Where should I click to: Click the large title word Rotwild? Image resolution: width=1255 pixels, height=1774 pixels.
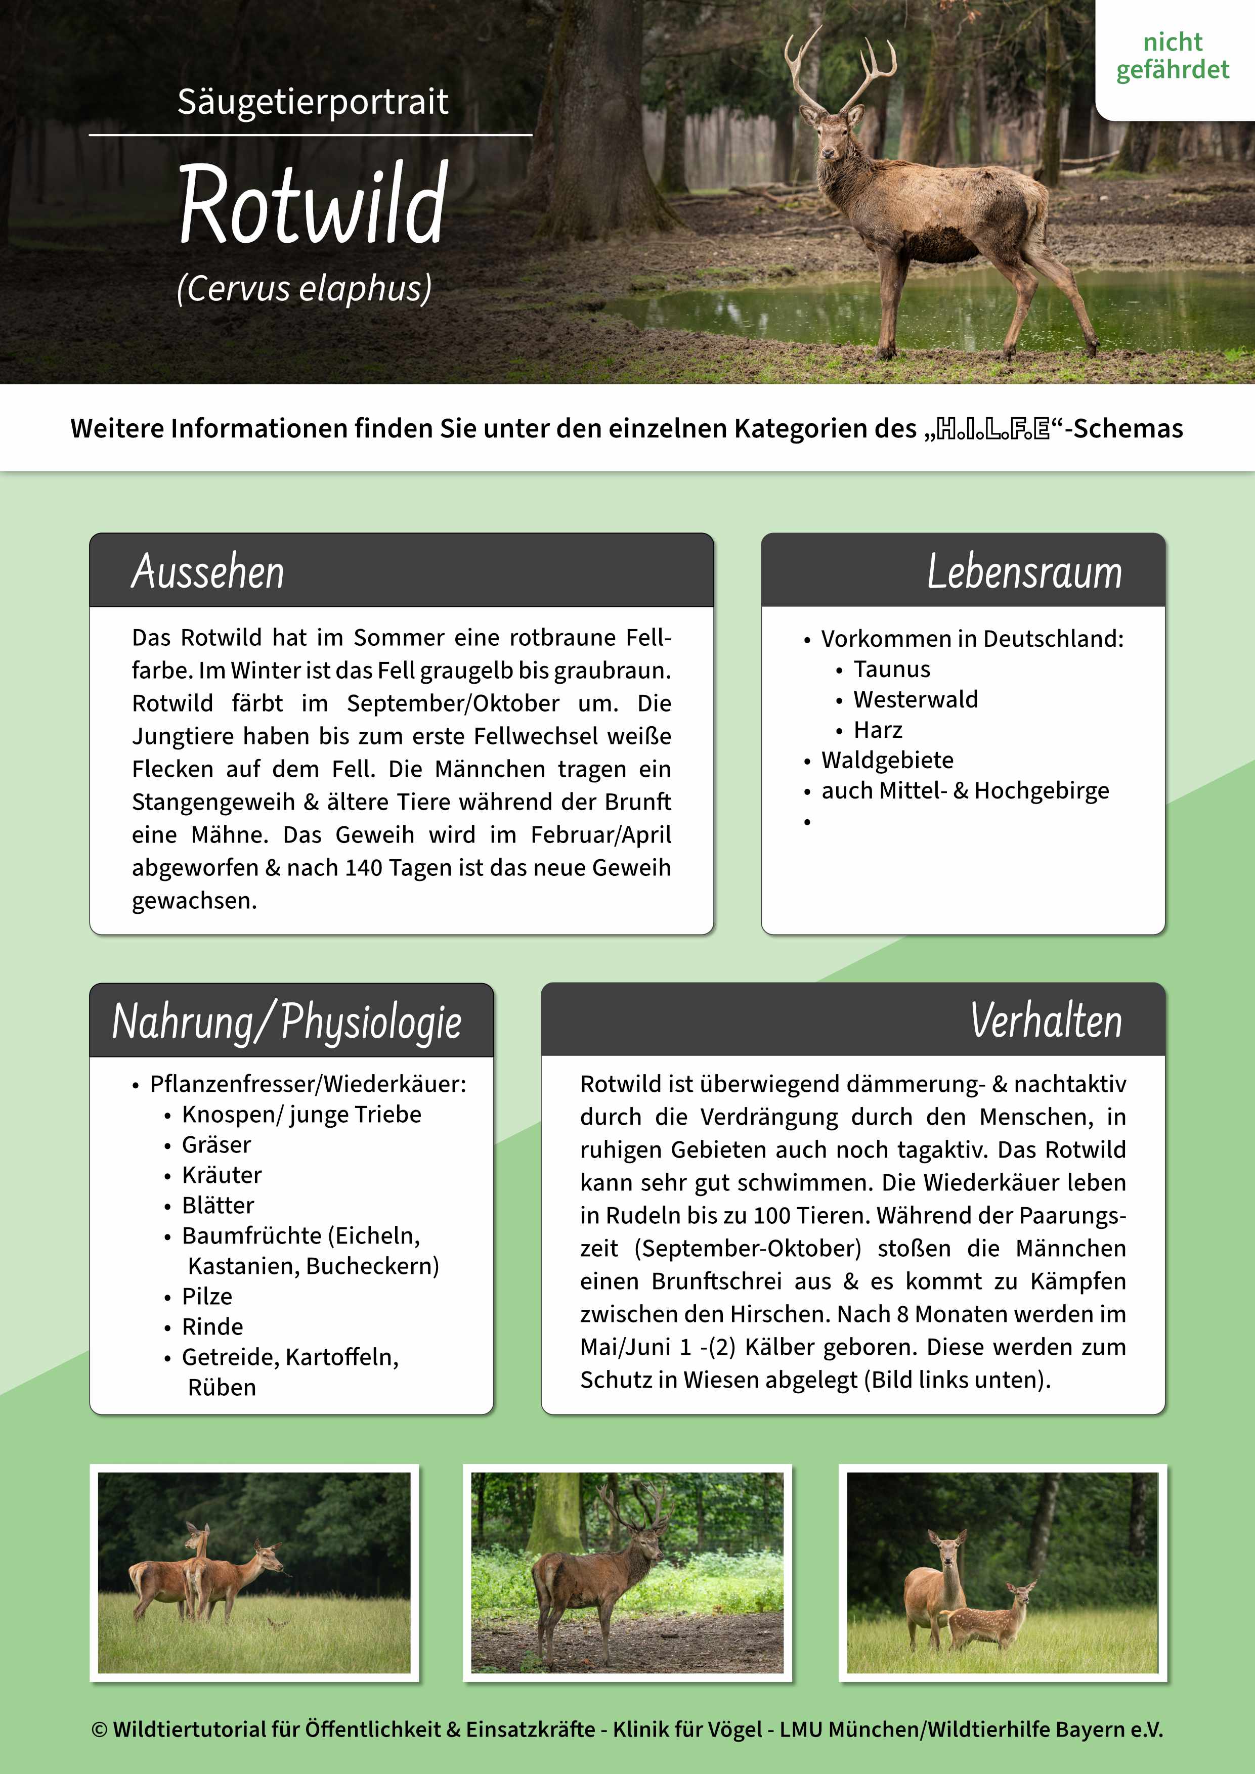[x=313, y=204]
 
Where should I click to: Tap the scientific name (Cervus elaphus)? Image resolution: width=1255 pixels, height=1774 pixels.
[x=304, y=289]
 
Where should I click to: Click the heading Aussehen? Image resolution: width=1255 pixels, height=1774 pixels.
[x=208, y=572]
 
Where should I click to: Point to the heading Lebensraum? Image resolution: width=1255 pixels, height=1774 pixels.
[x=1024, y=572]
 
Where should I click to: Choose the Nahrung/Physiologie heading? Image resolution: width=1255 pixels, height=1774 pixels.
[x=287, y=1022]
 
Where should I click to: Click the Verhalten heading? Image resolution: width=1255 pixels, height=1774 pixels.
[x=1046, y=1021]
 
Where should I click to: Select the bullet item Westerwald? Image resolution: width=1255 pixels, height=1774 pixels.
[x=915, y=699]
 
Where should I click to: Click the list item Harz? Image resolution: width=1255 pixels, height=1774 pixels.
[x=877, y=729]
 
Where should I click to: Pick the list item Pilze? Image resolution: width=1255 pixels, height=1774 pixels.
[x=207, y=1296]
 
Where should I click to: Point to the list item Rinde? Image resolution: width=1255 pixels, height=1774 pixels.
[x=212, y=1326]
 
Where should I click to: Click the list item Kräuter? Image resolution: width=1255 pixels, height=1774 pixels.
[x=222, y=1174]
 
